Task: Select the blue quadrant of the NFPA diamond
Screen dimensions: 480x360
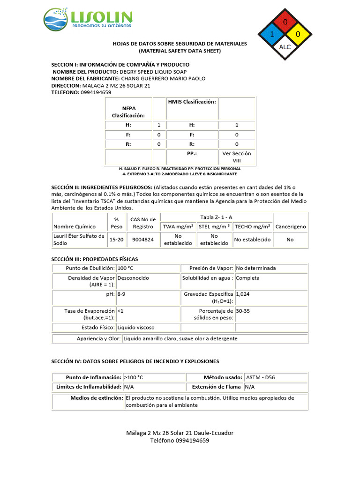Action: click(x=272, y=34)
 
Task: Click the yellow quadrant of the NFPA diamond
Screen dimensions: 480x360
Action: click(x=298, y=34)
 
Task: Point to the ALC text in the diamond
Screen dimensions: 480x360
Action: click(x=285, y=47)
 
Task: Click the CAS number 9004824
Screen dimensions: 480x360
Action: click(x=142, y=239)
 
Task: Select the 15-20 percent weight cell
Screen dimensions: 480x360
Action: click(x=116, y=239)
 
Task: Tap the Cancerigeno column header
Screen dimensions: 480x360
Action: click(x=291, y=226)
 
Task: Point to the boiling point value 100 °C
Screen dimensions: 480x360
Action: click(x=125, y=268)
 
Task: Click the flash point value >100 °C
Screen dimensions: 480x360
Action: click(x=134, y=377)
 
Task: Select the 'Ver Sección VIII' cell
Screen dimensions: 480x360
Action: click(x=237, y=157)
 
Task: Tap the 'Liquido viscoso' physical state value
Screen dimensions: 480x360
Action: click(x=136, y=327)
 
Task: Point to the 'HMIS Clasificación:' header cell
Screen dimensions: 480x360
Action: click(x=192, y=102)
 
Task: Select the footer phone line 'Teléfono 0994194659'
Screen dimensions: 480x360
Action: click(x=180, y=441)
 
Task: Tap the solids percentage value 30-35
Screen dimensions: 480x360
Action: click(x=243, y=310)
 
